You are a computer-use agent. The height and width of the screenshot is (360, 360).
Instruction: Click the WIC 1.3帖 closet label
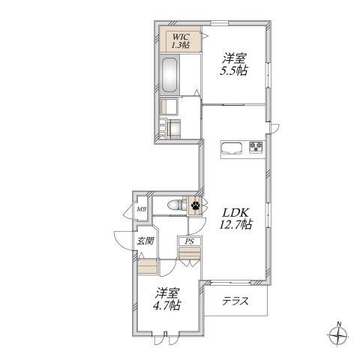pyautogui.click(x=181, y=40)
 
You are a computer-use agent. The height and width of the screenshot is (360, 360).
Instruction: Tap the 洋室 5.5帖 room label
pyautogui.click(x=234, y=64)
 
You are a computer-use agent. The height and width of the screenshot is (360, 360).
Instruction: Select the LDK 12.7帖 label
pyautogui.click(x=235, y=219)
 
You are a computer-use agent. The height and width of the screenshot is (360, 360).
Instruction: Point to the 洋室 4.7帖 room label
pyautogui.click(x=167, y=299)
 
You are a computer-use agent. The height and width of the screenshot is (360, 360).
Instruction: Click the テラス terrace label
pyautogui.click(x=235, y=301)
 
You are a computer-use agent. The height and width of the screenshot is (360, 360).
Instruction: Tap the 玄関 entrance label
pyautogui.click(x=145, y=241)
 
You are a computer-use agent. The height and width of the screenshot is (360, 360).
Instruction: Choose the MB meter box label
pyautogui.click(x=141, y=209)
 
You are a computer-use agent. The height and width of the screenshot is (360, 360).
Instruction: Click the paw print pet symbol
pyautogui.click(x=195, y=205)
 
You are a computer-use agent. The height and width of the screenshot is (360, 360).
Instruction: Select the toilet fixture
pyautogui.click(x=177, y=205)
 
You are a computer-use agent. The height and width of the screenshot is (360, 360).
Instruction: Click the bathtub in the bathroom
pyautogui.click(x=170, y=75)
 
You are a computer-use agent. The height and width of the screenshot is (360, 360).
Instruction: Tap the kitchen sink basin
pyautogui.click(x=232, y=148)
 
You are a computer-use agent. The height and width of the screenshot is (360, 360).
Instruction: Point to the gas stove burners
pyautogui.click(x=256, y=146)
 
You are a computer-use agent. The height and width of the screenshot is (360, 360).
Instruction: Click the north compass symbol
pyautogui.click(x=338, y=336)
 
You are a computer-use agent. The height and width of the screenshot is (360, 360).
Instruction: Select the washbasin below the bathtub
pyautogui.click(x=169, y=106)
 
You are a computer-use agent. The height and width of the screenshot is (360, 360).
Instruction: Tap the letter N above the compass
pyautogui.click(x=339, y=324)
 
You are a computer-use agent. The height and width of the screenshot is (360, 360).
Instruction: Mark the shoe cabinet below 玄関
pyautogui.click(x=148, y=266)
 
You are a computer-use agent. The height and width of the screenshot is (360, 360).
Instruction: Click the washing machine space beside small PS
pyautogui.click(x=173, y=129)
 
